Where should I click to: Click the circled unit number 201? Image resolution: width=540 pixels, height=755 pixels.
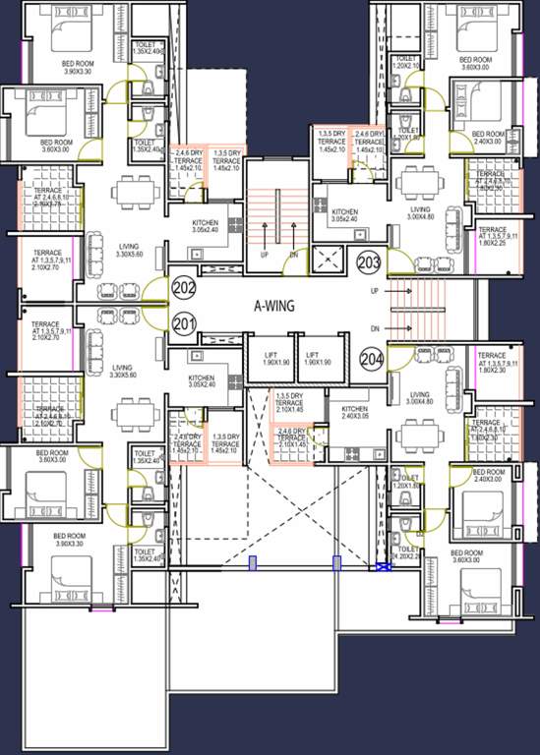point(184,323)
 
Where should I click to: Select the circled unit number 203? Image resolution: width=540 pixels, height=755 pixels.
point(370,262)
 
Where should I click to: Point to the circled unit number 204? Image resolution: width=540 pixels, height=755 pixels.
point(372,360)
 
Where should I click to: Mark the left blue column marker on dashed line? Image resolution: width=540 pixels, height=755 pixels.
point(252,563)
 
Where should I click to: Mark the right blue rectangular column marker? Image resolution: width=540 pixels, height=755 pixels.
point(336,563)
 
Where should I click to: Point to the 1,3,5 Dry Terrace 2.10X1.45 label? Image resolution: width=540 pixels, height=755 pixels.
point(289,403)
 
